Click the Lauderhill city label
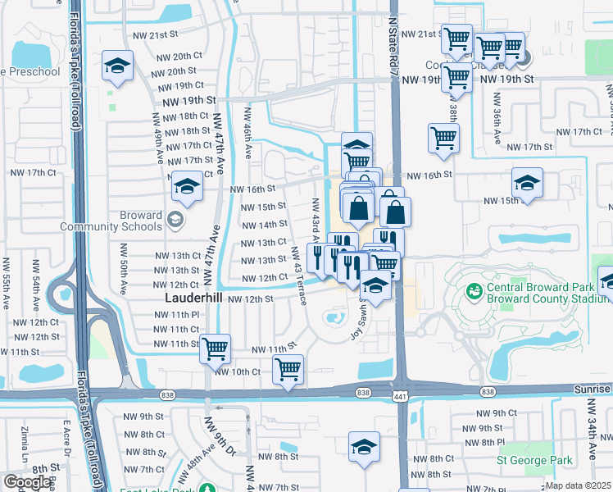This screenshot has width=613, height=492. [194, 298]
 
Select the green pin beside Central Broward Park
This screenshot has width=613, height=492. [473, 291]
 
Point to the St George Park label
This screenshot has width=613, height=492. [535, 461]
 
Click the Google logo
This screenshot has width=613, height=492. [26, 482]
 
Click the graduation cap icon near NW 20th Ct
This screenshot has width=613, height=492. [117, 66]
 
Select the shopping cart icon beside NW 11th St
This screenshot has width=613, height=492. [215, 348]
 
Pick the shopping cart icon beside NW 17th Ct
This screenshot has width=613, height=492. [443, 138]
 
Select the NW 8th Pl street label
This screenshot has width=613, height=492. [498, 441]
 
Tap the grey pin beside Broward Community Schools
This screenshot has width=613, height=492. [174, 220]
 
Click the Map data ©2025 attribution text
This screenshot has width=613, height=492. [579, 485]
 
